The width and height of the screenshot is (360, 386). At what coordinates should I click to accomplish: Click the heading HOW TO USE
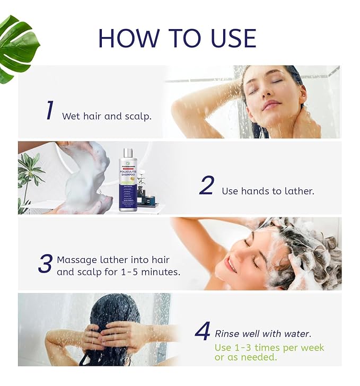pyautogui.click(x=177, y=39)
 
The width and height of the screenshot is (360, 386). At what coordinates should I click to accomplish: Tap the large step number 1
pyautogui.click(x=49, y=110)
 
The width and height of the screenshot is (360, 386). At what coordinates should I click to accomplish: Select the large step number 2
pyautogui.click(x=207, y=186)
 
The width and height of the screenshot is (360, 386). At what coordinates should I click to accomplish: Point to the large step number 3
pyautogui.click(x=45, y=264)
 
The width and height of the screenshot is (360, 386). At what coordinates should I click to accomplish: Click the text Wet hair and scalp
pyautogui.click(x=107, y=116)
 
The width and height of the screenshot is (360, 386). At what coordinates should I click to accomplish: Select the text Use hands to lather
pyautogui.click(x=268, y=191)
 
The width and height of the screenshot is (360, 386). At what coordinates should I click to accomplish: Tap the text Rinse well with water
pyautogui.click(x=262, y=334)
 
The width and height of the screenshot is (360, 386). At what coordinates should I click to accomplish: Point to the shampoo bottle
pyautogui.click(x=127, y=180)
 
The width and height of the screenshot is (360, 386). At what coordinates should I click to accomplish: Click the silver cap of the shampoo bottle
pyautogui.click(x=127, y=153)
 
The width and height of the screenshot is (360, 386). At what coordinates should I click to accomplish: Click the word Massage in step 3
pyautogui.click(x=76, y=260)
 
